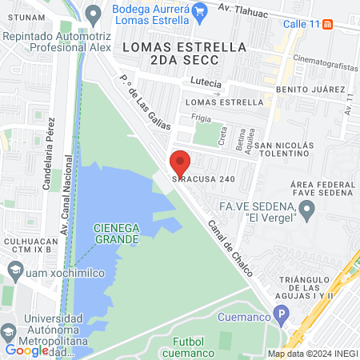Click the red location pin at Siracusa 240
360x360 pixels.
click(x=180, y=162)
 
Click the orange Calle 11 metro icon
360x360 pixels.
click(x=328, y=23)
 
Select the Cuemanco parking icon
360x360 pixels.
click(x=280, y=314)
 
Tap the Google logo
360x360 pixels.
click(x=26, y=350)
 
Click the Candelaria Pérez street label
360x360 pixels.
click(x=47, y=159)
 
